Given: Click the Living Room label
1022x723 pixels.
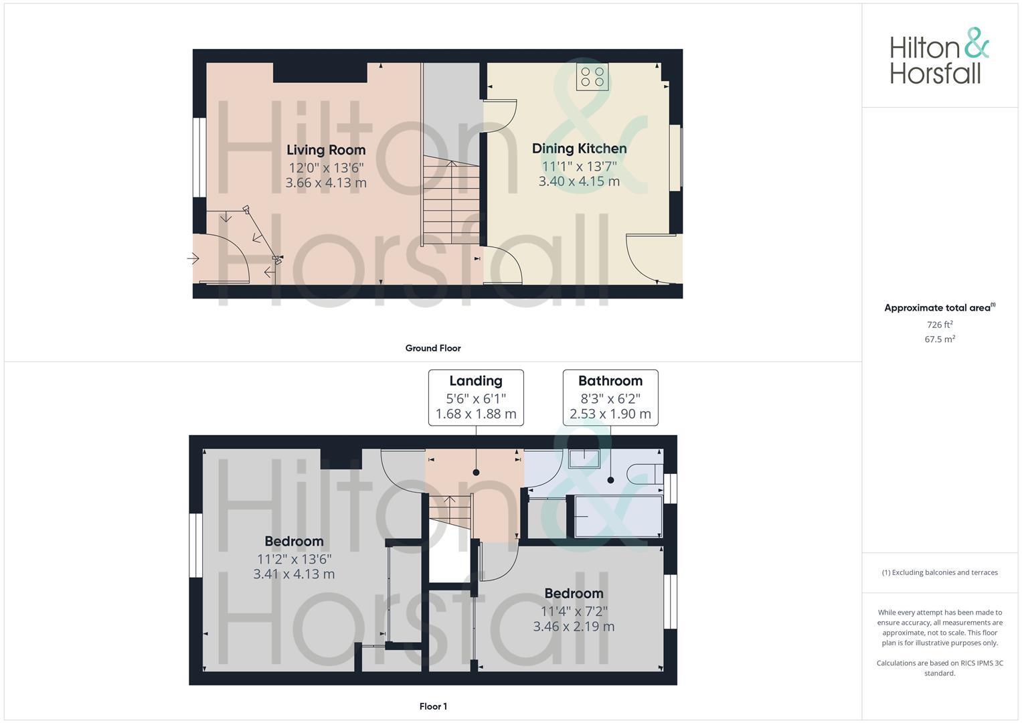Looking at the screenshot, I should [x=326, y=150].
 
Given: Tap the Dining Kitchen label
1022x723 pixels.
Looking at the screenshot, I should [x=579, y=149].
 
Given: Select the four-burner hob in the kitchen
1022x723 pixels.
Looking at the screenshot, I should [x=592, y=77].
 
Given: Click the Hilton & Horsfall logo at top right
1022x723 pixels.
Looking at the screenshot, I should [x=939, y=56].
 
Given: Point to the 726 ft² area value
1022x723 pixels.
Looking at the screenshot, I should [x=939, y=325].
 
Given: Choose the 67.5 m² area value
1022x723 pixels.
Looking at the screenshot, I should [x=939, y=339].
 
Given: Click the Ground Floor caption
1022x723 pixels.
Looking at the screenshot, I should [x=432, y=348].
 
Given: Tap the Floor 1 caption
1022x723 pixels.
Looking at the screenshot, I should [x=432, y=706].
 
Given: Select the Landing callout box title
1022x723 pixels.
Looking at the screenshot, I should [x=475, y=381].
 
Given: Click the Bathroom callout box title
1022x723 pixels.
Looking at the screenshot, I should [x=610, y=381].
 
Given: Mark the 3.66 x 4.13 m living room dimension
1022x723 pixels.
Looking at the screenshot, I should [x=326, y=183].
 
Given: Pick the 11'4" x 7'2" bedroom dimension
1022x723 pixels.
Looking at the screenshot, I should [x=574, y=611].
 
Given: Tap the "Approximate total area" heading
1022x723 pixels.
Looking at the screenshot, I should [x=939, y=308].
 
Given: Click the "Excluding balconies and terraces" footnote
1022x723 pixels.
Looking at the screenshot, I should [x=939, y=572].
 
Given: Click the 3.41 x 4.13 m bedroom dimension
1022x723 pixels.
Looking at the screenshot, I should [x=294, y=574].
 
